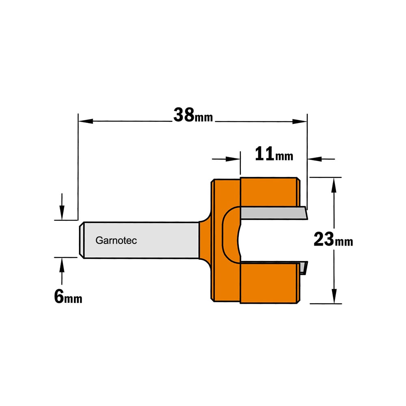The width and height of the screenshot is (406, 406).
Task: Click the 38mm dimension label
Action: click(x=193, y=115)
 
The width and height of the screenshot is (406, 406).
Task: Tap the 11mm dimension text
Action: click(x=274, y=154)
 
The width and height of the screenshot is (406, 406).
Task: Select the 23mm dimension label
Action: click(x=333, y=240)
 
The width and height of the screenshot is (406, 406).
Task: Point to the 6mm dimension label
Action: click(x=68, y=296)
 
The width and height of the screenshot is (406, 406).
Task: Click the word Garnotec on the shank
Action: click(x=116, y=240)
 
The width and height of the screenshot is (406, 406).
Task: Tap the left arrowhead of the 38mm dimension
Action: click(x=86, y=121)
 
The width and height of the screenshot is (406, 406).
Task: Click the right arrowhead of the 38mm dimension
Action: click(x=300, y=121)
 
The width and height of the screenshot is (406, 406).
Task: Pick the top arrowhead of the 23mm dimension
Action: click(x=334, y=185)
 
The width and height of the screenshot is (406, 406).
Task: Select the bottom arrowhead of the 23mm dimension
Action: click(x=334, y=296)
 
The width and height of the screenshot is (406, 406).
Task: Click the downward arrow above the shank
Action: click(x=62, y=207)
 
